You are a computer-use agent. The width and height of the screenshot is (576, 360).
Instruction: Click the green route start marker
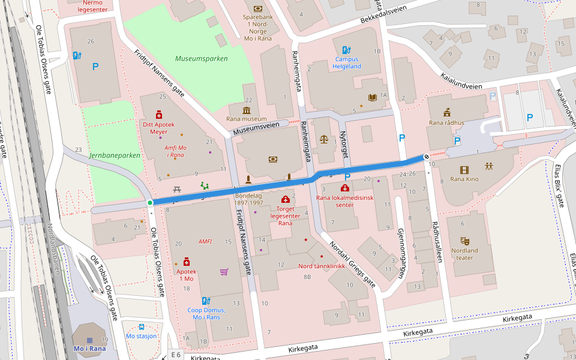pyautogui.click(x=150, y=203)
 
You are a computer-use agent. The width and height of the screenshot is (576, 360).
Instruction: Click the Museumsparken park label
pyautogui.click(x=202, y=59)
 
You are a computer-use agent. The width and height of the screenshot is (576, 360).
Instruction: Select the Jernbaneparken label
pyautogui.click(x=114, y=155)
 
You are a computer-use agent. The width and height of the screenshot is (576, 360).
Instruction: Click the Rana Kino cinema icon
pyautogui.click(x=464, y=170)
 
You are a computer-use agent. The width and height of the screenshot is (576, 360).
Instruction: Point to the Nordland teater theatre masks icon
pyautogui.click(x=464, y=241)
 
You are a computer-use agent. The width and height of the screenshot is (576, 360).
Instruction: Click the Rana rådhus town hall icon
pyautogui.click(x=446, y=113)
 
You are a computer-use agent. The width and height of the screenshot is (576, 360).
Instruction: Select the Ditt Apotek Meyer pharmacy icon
pyautogui.click(x=159, y=113)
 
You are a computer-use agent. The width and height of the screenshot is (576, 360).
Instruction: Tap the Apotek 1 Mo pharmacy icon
pyautogui.click(x=186, y=262)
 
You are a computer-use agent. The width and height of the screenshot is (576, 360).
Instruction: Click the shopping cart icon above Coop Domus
pyautogui.click(x=224, y=272)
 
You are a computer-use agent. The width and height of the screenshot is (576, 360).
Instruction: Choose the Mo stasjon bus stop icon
pyautogui.click(x=142, y=327)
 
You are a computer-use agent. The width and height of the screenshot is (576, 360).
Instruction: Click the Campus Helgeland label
pyautogui.click(x=348, y=63)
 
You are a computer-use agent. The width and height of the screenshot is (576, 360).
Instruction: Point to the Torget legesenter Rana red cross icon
pyautogui.click(x=285, y=200)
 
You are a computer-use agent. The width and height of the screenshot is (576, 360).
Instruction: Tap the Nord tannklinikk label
pyautogui.click(x=322, y=266)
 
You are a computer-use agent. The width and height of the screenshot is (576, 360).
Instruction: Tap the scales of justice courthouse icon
pyautogui.click(x=325, y=139)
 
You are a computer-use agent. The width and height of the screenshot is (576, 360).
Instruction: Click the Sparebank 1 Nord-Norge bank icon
pyautogui.click(x=258, y=8)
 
